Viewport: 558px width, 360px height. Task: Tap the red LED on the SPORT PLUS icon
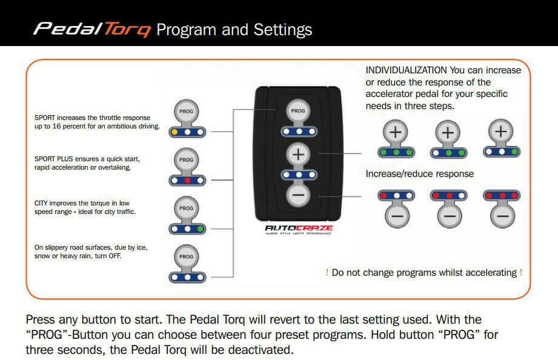188,180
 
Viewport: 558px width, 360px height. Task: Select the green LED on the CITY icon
199,229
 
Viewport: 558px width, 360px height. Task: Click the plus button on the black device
297,155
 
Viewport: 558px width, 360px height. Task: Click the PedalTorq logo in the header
91,29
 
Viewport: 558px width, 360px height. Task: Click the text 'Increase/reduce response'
419,174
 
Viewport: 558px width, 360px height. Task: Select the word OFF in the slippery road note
113,256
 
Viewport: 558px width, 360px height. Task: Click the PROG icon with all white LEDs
188,264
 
